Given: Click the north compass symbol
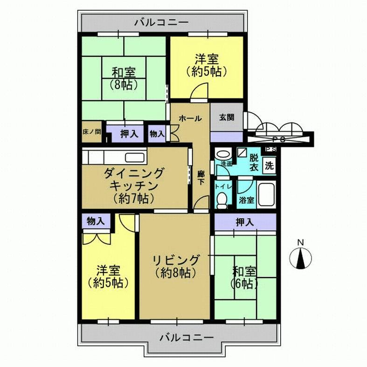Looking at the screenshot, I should (x=301, y=258).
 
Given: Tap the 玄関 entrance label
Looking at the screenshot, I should (x=227, y=118).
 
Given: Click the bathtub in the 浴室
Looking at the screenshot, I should (x=266, y=195).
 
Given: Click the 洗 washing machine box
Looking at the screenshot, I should (x=269, y=165).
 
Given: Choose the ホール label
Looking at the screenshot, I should (x=190, y=118).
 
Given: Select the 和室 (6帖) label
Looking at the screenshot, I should (x=244, y=277).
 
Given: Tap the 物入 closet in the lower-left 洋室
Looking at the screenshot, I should (x=96, y=222).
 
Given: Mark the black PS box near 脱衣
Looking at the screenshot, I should (x=270, y=149).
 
